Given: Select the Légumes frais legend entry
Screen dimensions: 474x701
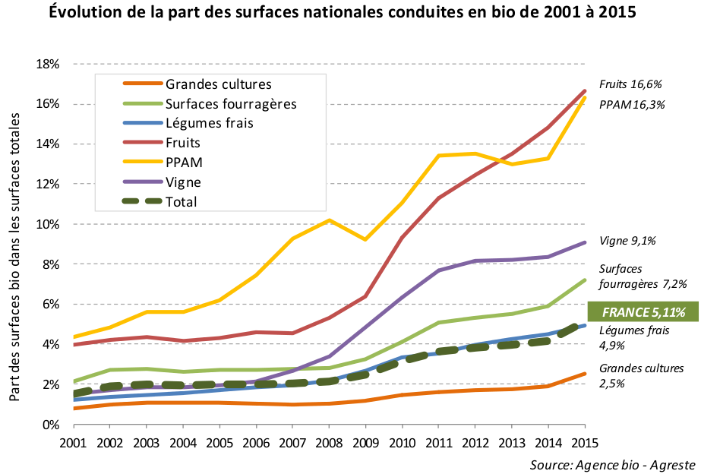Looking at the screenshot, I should click(209, 123).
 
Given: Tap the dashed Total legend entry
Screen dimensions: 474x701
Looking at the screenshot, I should click(181, 202).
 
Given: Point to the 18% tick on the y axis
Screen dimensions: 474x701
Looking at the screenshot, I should click(48, 64).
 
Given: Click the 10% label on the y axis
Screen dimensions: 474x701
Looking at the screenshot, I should click(48, 224).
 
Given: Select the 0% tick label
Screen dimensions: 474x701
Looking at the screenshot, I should click(51, 425).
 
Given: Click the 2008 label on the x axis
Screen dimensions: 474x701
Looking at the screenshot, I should click(329, 442).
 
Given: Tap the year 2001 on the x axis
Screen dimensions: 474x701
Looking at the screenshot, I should click(74, 442).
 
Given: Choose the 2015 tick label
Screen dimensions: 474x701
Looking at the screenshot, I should click(584, 442).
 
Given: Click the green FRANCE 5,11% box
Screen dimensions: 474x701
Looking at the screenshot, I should click(643, 311).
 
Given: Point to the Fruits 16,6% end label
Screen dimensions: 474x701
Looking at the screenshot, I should click(631, 84).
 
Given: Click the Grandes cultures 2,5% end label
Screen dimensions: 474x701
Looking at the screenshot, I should click(641, 376).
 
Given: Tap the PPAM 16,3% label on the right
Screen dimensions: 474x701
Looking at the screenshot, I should click(631, 105).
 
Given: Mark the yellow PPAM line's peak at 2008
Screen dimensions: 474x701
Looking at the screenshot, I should click(329, 220).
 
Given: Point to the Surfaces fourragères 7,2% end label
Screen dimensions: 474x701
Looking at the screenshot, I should click(643, 276).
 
